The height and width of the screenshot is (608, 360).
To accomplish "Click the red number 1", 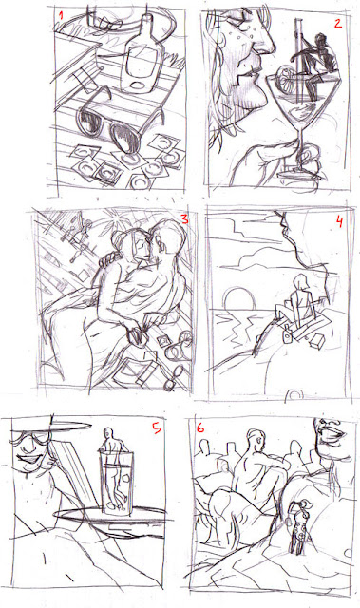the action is pyautogui.click(x=60, y=17).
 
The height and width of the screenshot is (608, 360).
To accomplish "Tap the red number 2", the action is pyautogui.click(x=338, y=24).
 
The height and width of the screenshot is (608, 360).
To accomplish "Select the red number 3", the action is pyautogui.click(x=184, y=219).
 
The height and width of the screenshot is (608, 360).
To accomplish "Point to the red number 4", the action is pyautogui.click(x=339, y=223).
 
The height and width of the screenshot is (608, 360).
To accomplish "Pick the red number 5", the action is pyautogui.click(x=156, y=428).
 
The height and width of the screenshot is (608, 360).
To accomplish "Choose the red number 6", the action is pyautogui.click(x=200, y=428).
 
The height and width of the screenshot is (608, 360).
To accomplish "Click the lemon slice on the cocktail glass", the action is pyautogui.click(x=283, y=76).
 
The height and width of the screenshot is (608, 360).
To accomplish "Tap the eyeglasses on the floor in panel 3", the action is pyautogui.click(x=174, y=378).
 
